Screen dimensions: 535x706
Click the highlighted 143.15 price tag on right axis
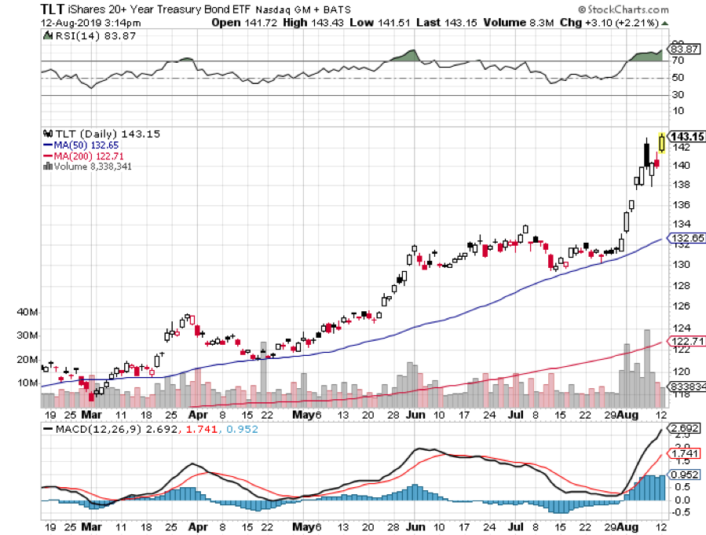686,136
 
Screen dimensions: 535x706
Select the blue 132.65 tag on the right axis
685,236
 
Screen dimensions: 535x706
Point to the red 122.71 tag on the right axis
685,342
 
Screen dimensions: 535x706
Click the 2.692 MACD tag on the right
682,427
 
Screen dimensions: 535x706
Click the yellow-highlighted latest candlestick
662,141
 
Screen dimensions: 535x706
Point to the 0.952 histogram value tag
682,474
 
